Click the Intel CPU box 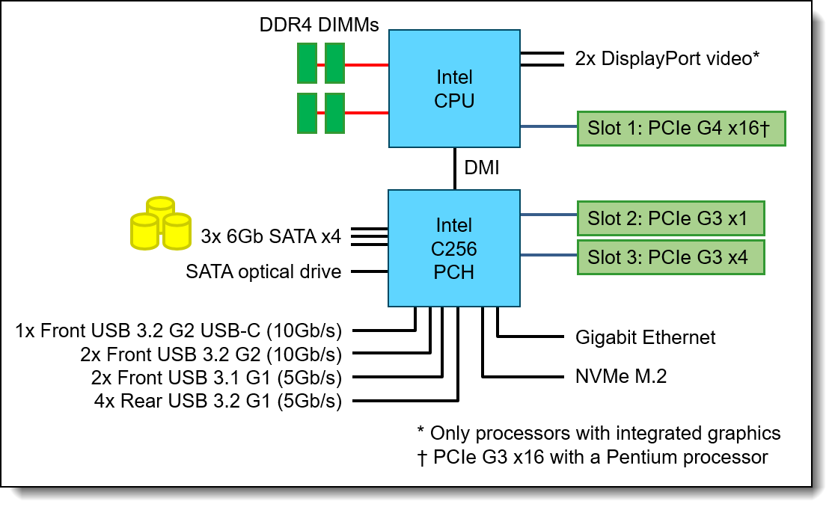click(454, 88)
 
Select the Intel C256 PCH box click(454, 248)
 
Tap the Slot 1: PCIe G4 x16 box click(681, 128)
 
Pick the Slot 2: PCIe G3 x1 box click(670, 218)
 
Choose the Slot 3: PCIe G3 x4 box click(670, 257)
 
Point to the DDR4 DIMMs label click(319, 25)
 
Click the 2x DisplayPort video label click(667, 58)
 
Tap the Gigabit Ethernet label click(645, 337)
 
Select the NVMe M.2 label click(621, 376)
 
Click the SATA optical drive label click(263, 271)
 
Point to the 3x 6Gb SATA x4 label click(271, 237)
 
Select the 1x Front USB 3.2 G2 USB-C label click(179, 330)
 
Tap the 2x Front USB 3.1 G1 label click(216, 378)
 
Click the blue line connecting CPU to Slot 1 click(548, 126)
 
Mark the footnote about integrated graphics click(599, 433)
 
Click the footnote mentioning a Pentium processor click(593, 457)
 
